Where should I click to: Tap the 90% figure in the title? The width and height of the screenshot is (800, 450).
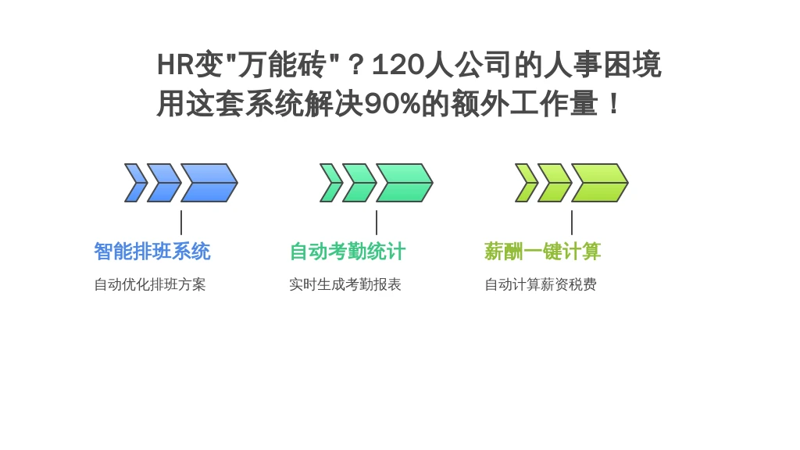392,104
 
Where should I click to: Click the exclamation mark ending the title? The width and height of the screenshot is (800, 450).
614,104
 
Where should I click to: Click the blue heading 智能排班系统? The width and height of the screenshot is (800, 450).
152,252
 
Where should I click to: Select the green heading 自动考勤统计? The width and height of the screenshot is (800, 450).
348,252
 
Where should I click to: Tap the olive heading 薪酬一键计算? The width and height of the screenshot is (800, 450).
542,252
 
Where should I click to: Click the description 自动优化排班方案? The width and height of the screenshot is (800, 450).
150,284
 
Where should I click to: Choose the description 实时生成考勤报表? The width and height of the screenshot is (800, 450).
345,284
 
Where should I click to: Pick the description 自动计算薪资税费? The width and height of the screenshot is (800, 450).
541,284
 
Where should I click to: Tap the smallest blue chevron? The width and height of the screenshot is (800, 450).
134,183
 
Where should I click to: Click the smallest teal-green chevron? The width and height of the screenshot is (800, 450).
330,183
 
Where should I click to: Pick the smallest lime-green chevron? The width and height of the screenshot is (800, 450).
526,183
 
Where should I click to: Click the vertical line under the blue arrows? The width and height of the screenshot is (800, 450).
181,223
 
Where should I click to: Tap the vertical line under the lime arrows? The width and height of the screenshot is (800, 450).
572,223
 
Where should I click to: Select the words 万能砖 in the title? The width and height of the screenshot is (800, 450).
282,66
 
